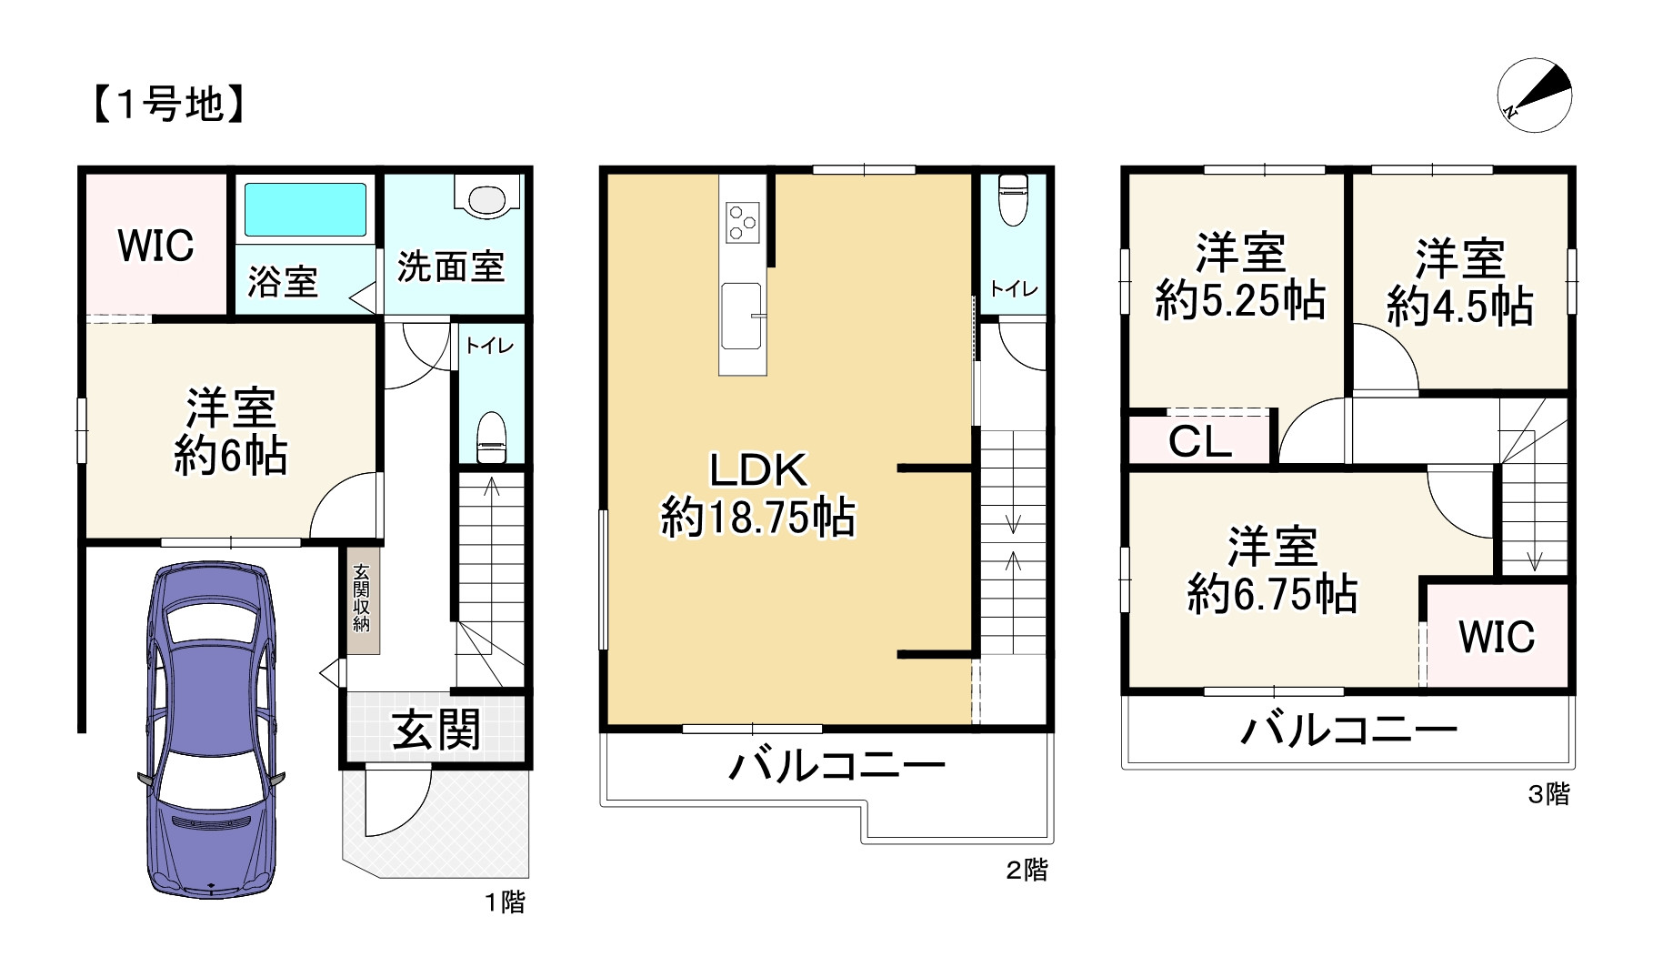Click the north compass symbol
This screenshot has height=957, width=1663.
[x=1534, y=95]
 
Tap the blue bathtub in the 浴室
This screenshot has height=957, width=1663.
[x=306, y=209]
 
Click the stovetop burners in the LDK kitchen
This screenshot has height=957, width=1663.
[x=742, y=221]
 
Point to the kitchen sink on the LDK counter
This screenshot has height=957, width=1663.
[x=742, y=315]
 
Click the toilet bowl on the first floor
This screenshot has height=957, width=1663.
[x=491, y=437]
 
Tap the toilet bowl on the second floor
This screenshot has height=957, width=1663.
[x=1012, y=199]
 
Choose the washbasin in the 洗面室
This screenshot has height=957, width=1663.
[x=486, y=199]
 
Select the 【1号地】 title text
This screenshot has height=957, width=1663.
[x=167, y=105]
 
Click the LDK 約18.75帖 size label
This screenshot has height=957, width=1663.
[x=757, y=517]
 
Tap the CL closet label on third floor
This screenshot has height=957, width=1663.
[x=1200, y=442]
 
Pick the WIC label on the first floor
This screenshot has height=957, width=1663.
[x=155, y=246]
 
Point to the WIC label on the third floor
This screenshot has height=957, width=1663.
[x=1497, y=637]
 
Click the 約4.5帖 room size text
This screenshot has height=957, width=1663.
[x=1460, y=307]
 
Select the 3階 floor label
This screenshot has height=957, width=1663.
[x=1548, y=794]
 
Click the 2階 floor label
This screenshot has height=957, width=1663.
[x=1027, y=871]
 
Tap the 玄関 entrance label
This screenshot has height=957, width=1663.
[x=436, y=730]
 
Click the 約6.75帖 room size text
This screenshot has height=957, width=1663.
[x=1272, y=595]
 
